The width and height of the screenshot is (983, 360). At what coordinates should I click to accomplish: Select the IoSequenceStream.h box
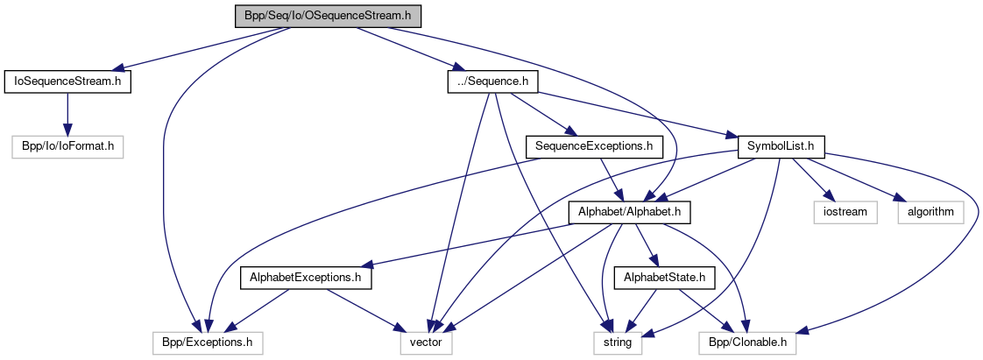(67, 81)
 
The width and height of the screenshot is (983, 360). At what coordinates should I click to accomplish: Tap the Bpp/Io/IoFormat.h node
(67, 146)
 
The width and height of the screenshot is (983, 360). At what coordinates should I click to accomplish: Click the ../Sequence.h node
(491, 81)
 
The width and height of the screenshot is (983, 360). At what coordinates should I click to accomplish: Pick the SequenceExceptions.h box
(593, 146)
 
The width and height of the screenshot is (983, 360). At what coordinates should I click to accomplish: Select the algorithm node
(930, 211)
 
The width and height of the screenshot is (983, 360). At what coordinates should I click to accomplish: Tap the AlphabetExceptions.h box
(306, 279)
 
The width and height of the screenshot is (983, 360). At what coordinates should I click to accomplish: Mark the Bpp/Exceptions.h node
(208, 343)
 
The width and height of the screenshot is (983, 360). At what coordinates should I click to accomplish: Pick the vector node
(427, 343)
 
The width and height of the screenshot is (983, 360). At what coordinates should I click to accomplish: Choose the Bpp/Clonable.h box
(748, 343)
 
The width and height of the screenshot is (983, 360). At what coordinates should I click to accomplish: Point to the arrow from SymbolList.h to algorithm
(859, 180)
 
